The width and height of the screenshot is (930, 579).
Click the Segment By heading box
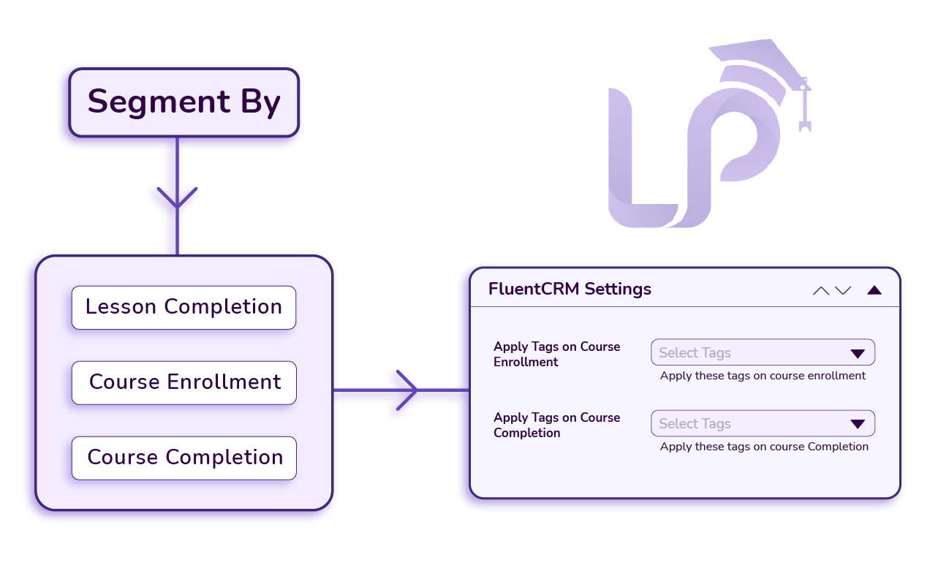pyautogui.click(x=184, y=102)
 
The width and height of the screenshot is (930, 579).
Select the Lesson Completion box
pyautogui.click(x=184, y=307)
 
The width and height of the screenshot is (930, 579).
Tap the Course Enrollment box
pyautogui.click(x=184, y=382)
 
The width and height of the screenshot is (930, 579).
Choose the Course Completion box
pyautogui.click(x=184, y=458)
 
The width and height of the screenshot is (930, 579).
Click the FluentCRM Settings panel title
pyautogui.click(x=570, y=289)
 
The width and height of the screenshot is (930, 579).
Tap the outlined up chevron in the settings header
pyautogui.click(x=821, y=290)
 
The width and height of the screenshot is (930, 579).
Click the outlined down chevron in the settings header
pyautogui.click(x=843, y=290)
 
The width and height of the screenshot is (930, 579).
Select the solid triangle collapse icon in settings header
pyautogui.click(x=874, y=290)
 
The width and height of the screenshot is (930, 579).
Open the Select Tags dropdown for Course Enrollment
pyautogui.click(x=753, y=352)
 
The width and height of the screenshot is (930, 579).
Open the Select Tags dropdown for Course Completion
pyautogui.click(x=753, y=423)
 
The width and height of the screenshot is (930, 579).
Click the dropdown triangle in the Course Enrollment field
pyautogui.click(x=858, y=354)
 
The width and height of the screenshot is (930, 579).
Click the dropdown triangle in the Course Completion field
pyautogui.click(x=858, y=425)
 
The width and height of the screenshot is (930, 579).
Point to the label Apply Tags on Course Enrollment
pyautogui.click(x=556, y=354)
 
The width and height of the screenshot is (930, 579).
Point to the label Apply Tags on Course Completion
pyautogui.click(x=556, y=425)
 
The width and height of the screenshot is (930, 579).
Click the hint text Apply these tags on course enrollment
pyautogui.click(x=763, y=376)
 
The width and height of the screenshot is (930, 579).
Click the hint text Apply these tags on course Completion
pyautogui.click(x=764, y=447)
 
